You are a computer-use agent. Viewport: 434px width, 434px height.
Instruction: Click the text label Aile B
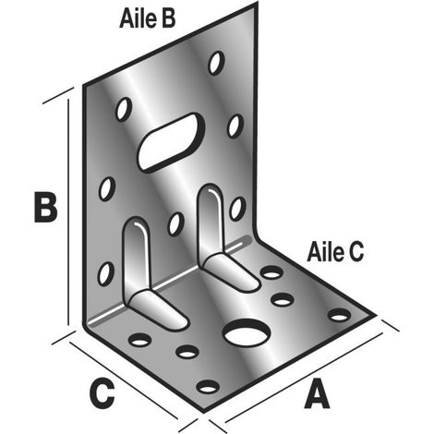[147, 18]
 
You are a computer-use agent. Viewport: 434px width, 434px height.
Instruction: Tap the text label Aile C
[335, 252]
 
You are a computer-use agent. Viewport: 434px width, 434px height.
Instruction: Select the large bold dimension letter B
[45, 207]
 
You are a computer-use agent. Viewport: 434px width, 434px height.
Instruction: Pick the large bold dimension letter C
[102, 393]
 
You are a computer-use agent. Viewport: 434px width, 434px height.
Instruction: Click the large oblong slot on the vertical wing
[171, 141]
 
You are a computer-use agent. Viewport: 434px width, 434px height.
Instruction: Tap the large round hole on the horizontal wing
[247, 333]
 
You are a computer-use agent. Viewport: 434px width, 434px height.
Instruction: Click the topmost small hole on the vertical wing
[216, 63]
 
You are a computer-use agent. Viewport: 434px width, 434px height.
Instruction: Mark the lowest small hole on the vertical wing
[105, 273]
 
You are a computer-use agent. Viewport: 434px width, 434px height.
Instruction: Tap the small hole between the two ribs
[175, 224]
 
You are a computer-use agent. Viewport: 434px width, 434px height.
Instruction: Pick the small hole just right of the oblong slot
[235, 127]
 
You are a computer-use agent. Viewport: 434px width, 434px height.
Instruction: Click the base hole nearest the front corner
[208, 387]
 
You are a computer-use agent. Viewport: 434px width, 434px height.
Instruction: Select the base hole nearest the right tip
[340, 315]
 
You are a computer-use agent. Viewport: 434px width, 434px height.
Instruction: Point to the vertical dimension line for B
[68, 211]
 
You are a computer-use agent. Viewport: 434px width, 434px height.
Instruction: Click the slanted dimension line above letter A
[304, 378]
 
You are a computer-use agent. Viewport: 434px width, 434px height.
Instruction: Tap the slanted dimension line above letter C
[124, 380]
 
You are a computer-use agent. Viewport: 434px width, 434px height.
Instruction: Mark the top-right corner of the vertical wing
[257, 4]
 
